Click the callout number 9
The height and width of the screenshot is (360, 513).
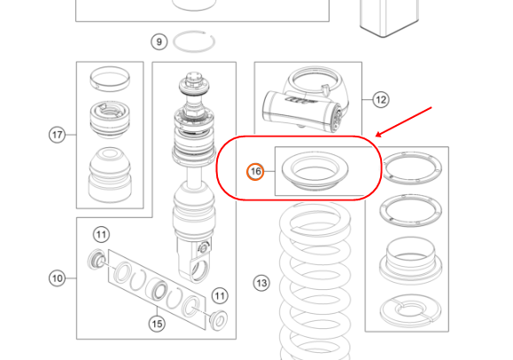tap(159, 42)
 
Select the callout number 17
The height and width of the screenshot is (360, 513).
tap(58, 135)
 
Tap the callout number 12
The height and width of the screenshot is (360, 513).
tap(381, 99)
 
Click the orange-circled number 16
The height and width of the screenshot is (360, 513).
tap(255, 171)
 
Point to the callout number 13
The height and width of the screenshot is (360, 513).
tap(261, 283)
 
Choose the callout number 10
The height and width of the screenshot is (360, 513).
tap(58, 278)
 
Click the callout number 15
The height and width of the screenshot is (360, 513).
tap(157, 324)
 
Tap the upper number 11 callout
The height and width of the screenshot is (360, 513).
tap(101, 235)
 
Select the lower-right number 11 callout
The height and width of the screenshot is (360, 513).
tap(220, 296)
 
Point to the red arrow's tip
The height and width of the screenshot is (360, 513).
tap(376, 137)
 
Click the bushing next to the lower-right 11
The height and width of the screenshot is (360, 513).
tap(219, 320)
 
